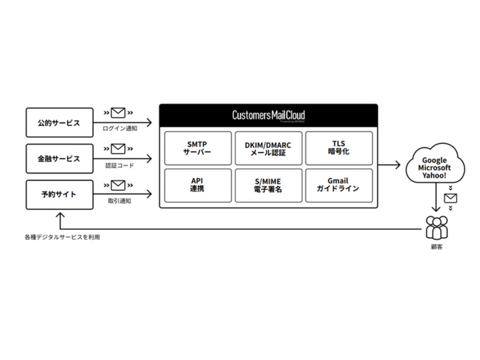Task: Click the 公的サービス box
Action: coord(59,123)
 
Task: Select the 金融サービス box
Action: coord(59,159)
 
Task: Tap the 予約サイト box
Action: coord(59,195)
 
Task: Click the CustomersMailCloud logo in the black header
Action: coord(268,115)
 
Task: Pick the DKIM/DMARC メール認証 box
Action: coord(268,148)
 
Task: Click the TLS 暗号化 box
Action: coord(338,148)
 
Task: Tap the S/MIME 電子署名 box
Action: coord(268,185)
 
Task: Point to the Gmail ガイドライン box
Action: coord(338,185)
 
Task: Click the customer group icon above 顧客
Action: coord(436,227)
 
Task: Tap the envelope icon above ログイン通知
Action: coord(119,113)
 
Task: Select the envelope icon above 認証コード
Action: coord(119,149)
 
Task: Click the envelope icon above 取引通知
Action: coord(119,185)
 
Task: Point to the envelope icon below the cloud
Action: coord(450,199)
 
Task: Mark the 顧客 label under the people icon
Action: coord(436,247)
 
